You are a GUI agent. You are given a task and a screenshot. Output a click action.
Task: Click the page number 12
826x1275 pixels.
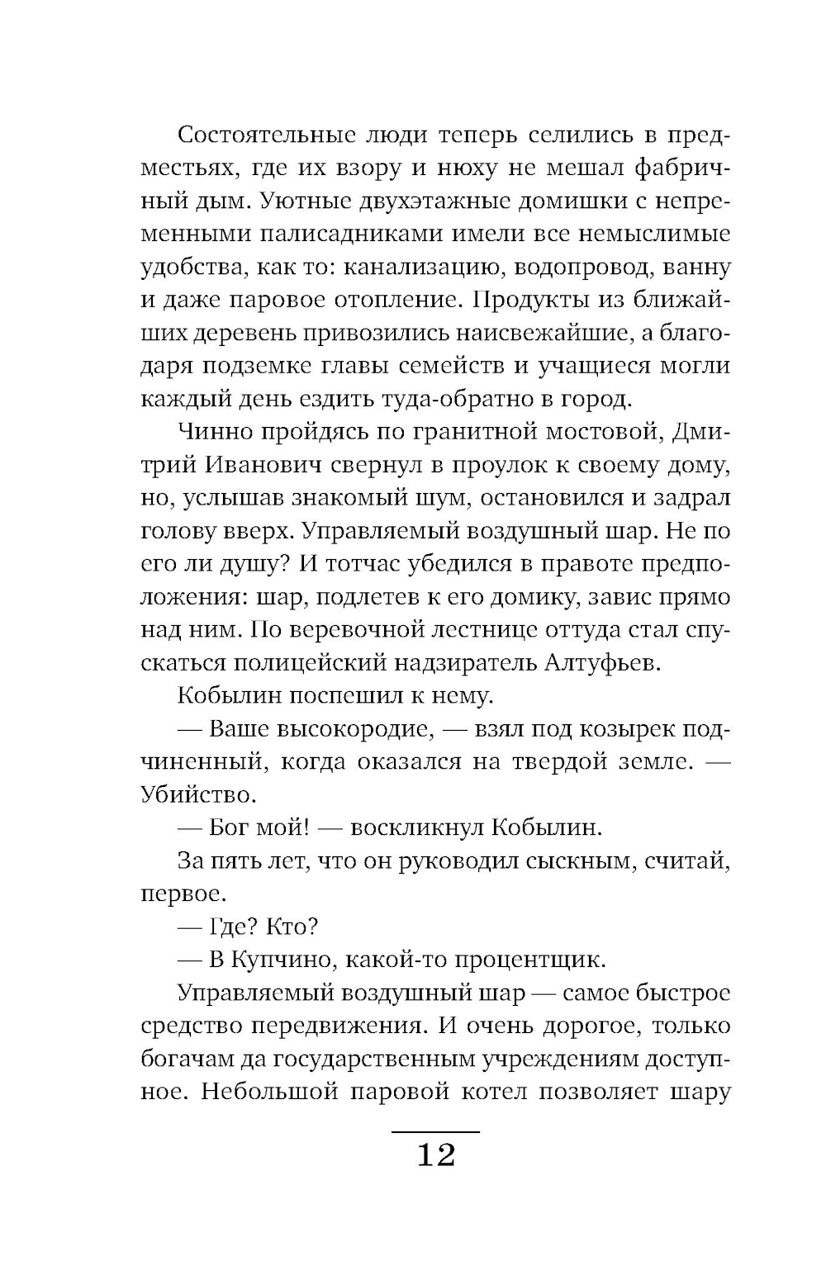coord(436,1154)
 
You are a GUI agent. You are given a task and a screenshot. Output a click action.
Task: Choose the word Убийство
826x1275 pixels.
coord(195,795)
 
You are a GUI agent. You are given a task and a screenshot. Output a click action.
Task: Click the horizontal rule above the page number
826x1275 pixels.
coord(435,1131)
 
